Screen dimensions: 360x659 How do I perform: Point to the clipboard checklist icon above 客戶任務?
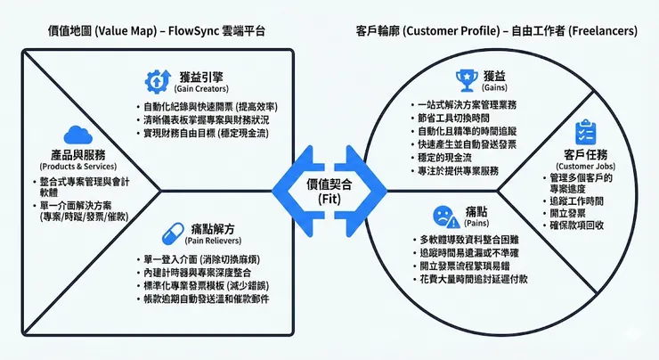584,132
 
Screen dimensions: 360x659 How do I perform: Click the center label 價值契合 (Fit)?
329,190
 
